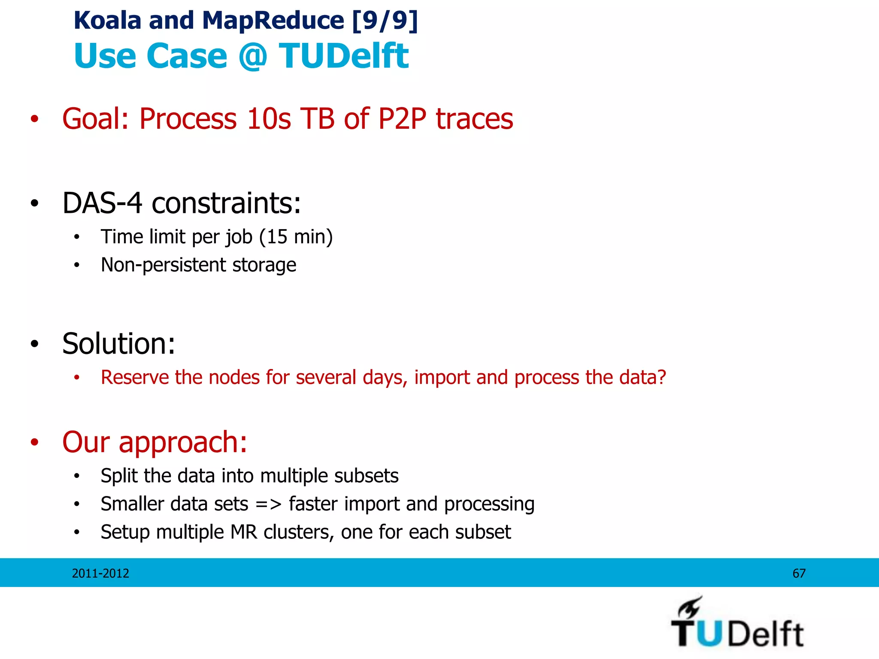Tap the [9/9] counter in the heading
point(385,21)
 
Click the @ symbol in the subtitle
point(253,56)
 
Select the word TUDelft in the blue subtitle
point(343,56)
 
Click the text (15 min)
point(296,237)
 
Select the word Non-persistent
point(163,265)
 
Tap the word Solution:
point(119,344)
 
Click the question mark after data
point(661,378)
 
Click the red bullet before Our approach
point(35,442)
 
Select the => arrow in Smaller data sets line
point(268,505)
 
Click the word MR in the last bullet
point(244,532)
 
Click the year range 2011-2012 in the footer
point(100,573)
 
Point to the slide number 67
point(799,573)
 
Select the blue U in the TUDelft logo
point(711,634)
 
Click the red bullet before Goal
point(35,119)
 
